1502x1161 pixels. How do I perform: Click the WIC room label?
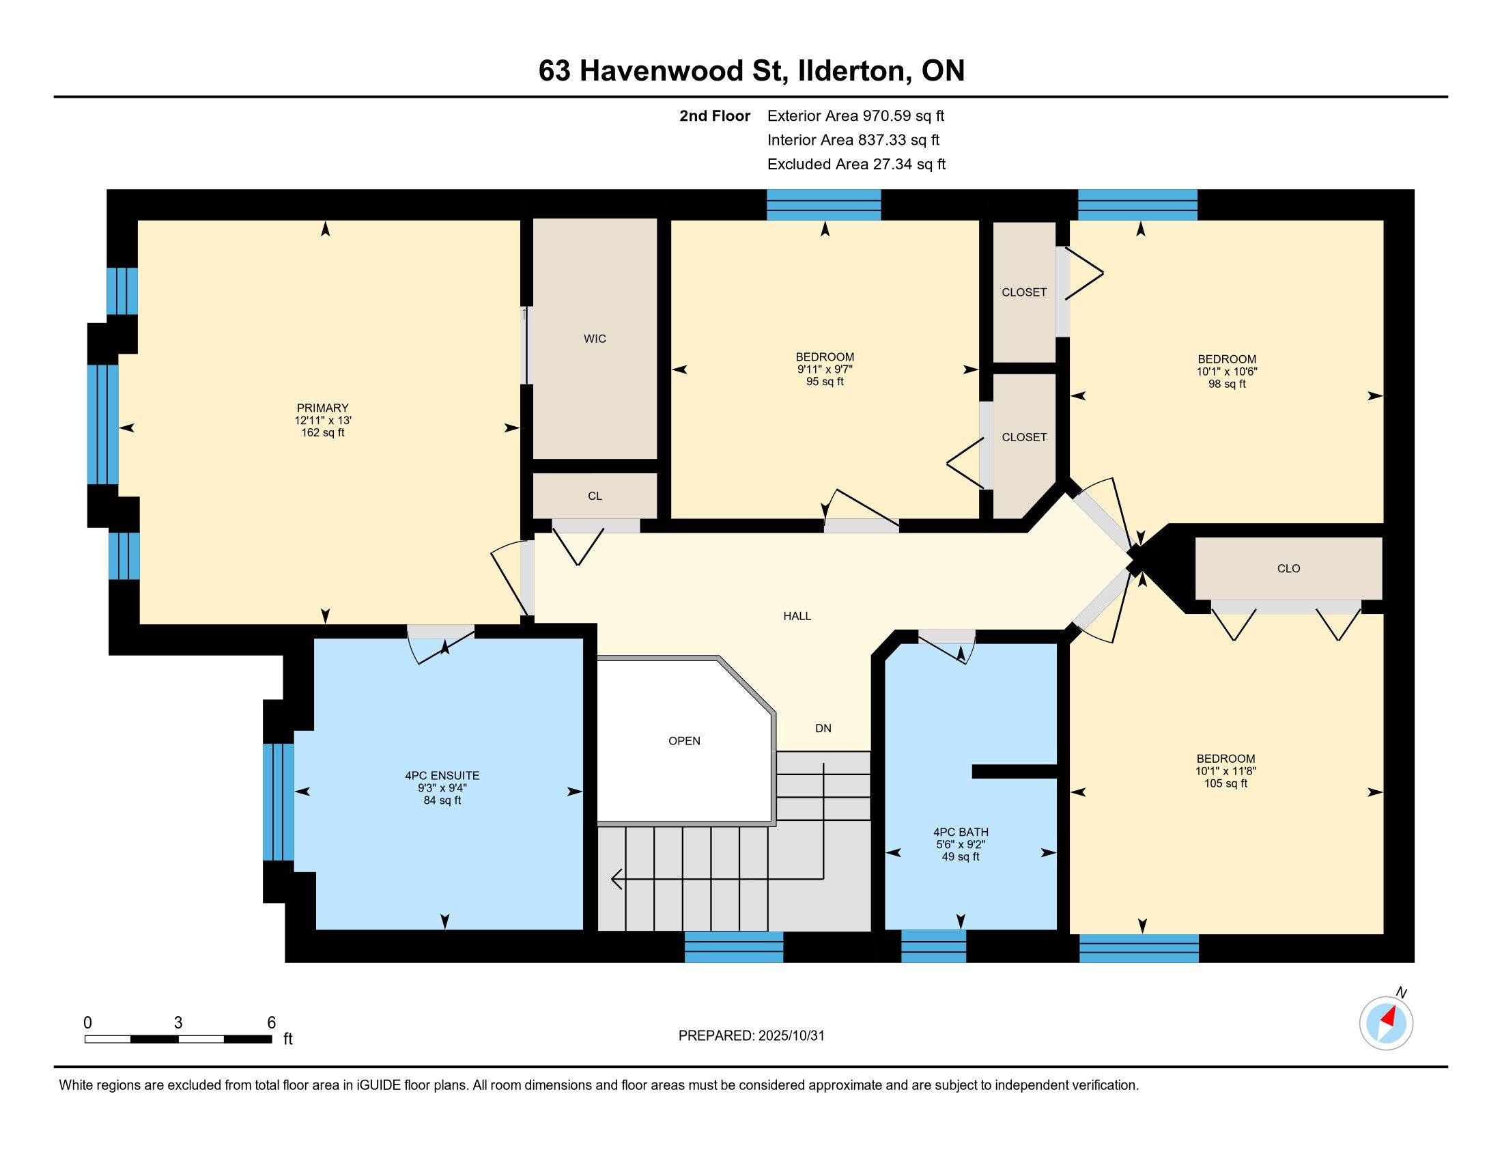pyautogui.click(x=595, y=338)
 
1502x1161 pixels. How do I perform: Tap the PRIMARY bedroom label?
pyautogui.click(x=322, y=408)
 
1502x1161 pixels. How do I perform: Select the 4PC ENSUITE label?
pyautogui.click(x=442, y=775)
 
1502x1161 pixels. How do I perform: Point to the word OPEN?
pyautogui.click(x=684, y=741)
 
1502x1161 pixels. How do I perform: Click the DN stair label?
pyautogui.click(x=823, y=729)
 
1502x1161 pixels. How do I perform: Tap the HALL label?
pyautogui.click(x=797, y=616)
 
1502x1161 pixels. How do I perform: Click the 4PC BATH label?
pyautogui.click(x=961, y=832)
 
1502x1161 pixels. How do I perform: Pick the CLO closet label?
pyautogui.click(x=1288, y=568)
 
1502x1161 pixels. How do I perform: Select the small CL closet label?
pyautogui.click(x=595, y=496)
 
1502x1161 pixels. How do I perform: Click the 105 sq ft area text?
pyautogui.click(x=1225, y=783)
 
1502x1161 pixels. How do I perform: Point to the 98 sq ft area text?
pyautogui.click(x=1227, y=384)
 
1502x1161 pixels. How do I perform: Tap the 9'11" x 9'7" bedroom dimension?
pyautogui.click(x=825, y=369)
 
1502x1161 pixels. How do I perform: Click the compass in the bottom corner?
pyautogui.click(x=1386, y=1023)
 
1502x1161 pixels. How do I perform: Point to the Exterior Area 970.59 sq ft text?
pyautogui.click(x=855, y=115)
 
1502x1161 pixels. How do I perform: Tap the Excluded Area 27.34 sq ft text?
pyautogui.click(x=856, y=164)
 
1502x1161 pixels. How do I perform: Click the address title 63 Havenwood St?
pyautogui.click(x=662, y=71)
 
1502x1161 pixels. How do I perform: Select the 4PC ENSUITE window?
pyautogui.click(x=279, y=801)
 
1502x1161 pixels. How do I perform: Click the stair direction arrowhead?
pyautogui.click(x=617, y=879)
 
